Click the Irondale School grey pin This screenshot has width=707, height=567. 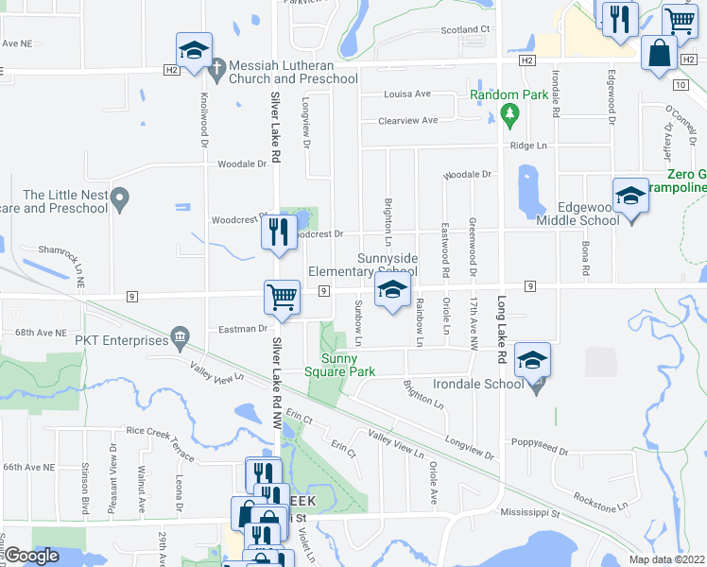point(537,384)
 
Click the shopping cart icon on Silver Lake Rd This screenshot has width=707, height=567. point(282,297)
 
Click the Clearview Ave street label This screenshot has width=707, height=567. point(407,121)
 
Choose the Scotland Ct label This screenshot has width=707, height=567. point(465,29)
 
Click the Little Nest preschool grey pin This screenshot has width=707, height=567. point(119,198)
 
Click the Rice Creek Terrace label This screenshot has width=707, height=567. point(160,443)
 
